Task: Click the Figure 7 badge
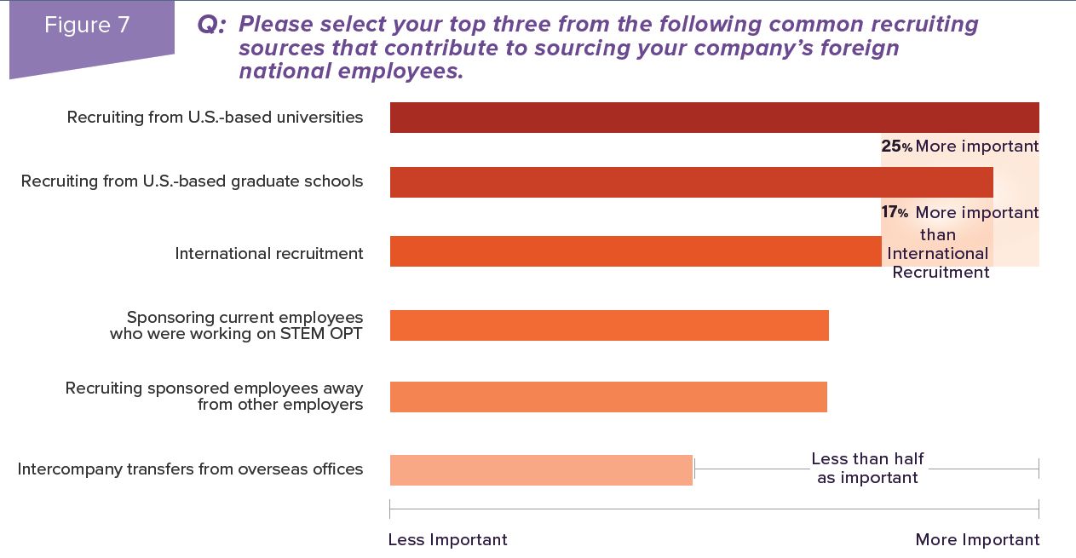pyautogui.click(x=88, y=26)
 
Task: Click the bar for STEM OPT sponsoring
pyautogui.click(x=609, y=325)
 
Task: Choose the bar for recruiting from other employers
pyautogui.click(x=608, y=397)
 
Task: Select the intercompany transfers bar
pyautogui.click(x=541, y=470)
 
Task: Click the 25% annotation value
pyautogui.click(x=896, y=147)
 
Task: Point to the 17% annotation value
pyautogui.click(x=895, y=212)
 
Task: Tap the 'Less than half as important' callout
pyautogui.click(x=867, y=469)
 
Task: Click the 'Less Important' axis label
pyautogui.click(x=447, y=540)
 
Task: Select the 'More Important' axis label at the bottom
pyautogui.click(x=977, y=540)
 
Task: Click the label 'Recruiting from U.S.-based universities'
pyautogui.click(x=215, y=118)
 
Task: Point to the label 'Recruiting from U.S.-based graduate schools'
pyautogui.click(x=192, y=181)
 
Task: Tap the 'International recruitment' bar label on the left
pyautogui.click(x=269, y=254)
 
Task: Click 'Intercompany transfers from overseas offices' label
pyautogui.click(x=190, y=469)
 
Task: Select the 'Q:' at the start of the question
pyautogui.click(x=211, y=25)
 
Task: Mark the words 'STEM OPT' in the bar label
pyautogui.click(x=321, y=334)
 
